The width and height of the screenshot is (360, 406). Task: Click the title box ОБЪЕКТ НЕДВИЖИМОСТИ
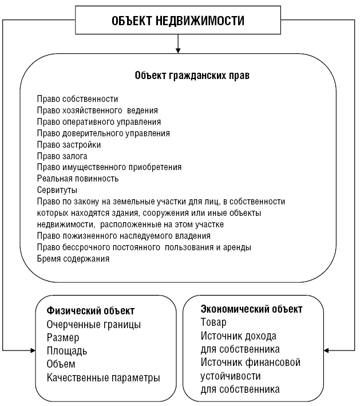click(x=178, y=21)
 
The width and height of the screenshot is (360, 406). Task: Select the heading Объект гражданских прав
click(x=192, y=75)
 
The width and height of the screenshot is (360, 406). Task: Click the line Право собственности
click(x=77, y=99)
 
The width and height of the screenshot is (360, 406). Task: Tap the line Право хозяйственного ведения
click(x=97, y=111)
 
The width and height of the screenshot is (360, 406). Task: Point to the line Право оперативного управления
click(x=98, y=122)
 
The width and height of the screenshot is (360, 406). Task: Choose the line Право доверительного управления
click(x=103, y=133)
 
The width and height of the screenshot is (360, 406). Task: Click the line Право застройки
click(x=69, y=144)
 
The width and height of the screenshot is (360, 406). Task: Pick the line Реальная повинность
click(x=78, y=179)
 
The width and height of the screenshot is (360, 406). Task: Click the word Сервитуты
click(x=57, y=190)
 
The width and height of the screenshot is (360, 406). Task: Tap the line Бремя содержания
click(x=73, y=258)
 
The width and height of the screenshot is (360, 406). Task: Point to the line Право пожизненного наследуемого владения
click(x=124, y=235)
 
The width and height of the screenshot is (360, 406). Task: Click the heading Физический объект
click(x=90, y=311)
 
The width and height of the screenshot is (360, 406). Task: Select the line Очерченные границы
click(x=93, y=325)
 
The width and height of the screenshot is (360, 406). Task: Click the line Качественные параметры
click(x=103, y=378)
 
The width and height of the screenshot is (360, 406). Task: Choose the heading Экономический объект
click(x=251, y=309)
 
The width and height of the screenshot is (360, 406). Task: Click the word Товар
click(x=213, y=322)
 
